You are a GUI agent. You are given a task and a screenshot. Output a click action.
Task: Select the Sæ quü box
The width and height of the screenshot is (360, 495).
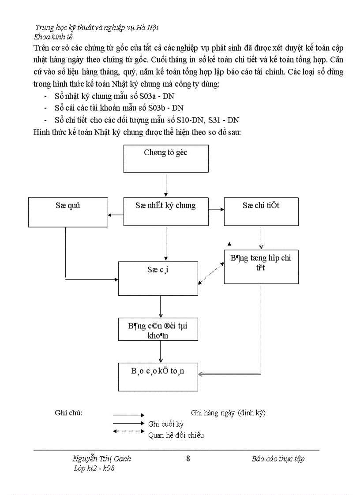68,212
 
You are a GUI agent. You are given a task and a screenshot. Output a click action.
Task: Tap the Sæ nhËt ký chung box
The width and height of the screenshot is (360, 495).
166,212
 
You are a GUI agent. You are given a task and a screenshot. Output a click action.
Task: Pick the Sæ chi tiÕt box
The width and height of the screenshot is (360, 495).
261,212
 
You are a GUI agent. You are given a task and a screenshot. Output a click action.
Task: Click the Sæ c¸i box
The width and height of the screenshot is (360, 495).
158,278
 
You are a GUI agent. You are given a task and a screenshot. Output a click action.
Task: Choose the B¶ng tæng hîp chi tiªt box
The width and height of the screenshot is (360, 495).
261,267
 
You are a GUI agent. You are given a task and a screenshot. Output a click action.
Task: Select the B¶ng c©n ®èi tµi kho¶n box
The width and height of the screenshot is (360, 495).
158,329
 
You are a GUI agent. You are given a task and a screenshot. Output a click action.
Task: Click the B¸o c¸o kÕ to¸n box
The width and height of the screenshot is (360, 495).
158,376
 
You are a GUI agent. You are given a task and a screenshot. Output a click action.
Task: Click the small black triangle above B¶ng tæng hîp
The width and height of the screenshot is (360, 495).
229,243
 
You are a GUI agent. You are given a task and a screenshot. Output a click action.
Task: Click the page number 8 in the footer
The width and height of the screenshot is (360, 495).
188,458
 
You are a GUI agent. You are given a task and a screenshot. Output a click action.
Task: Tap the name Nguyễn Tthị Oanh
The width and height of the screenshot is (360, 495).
101,458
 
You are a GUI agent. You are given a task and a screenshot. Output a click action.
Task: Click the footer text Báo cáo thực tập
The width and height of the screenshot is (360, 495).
278,458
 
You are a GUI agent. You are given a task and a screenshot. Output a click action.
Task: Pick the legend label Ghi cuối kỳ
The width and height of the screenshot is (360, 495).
166,424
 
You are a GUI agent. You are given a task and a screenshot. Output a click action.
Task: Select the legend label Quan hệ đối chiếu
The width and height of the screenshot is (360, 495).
176,435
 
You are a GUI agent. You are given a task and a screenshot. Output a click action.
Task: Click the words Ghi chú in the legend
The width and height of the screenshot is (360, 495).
68,413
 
